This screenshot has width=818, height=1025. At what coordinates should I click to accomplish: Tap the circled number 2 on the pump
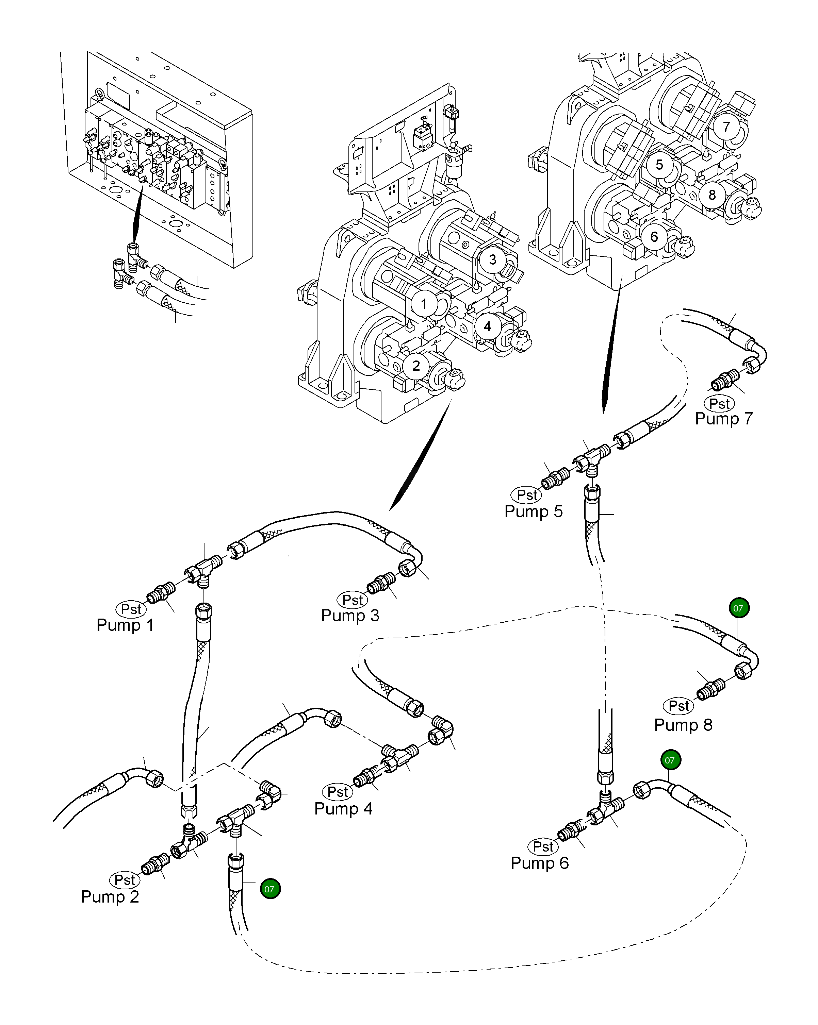coord(416,366)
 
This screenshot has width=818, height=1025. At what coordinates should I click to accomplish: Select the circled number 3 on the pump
coord(493,259)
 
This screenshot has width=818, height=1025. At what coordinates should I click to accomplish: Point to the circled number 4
coord(487,326)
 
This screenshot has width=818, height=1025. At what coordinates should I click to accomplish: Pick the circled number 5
coord(659,165)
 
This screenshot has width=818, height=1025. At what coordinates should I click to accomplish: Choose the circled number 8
coord(712,195)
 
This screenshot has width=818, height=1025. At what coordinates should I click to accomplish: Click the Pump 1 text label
coord(125,625)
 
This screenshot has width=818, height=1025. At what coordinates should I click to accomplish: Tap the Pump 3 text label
coord(350,616)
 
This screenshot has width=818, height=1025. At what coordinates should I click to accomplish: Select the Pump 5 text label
coord(534,511)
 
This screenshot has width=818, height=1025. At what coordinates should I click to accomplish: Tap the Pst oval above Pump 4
coord(338,792)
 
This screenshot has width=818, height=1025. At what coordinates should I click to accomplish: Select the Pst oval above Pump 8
coord(678,706)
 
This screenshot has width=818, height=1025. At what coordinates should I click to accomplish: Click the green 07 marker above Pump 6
coord(670,760)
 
